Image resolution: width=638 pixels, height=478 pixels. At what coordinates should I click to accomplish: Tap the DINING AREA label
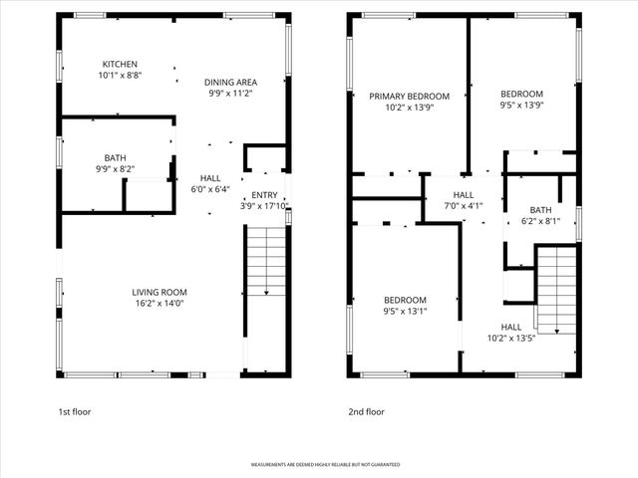tap(230, 82)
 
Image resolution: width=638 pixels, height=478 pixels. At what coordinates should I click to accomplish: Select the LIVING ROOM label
tap(159, 292)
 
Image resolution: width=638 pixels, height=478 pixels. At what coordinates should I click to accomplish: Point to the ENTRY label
tap(264, 195)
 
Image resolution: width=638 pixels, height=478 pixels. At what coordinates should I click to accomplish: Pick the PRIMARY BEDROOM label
tap(409, 97)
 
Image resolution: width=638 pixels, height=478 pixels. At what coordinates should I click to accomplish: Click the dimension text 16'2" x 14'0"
tap(159, 303)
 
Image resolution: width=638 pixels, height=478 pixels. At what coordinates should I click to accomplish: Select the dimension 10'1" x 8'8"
tap(119, 76)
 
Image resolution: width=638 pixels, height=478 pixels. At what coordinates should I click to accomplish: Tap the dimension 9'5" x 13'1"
tap(405, 311)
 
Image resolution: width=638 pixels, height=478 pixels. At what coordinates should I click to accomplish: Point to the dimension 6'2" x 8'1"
tap(540, 221)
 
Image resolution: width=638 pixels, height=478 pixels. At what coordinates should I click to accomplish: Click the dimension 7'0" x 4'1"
tap(464, 206)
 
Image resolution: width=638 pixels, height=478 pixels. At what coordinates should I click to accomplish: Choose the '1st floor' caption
tap(75, 411)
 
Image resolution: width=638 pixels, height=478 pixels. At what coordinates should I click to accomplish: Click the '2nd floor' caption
tap(366, 411)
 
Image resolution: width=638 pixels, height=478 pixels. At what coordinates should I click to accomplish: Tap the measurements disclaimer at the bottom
tap(318, 465)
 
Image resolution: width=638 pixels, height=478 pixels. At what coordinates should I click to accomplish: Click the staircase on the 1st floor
tap(265, 261)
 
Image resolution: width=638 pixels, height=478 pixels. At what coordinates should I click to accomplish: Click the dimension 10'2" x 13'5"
tap(510, 338)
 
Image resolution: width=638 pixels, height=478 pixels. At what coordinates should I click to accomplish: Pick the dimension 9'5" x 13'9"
tap(521, 105)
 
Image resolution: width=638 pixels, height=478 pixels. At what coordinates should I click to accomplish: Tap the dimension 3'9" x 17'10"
tap(264, 206)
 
